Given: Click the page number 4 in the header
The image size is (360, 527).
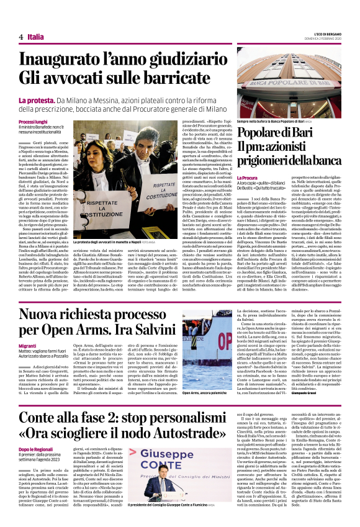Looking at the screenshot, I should point(21,37).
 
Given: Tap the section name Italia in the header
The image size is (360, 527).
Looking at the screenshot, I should point(35,37).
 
